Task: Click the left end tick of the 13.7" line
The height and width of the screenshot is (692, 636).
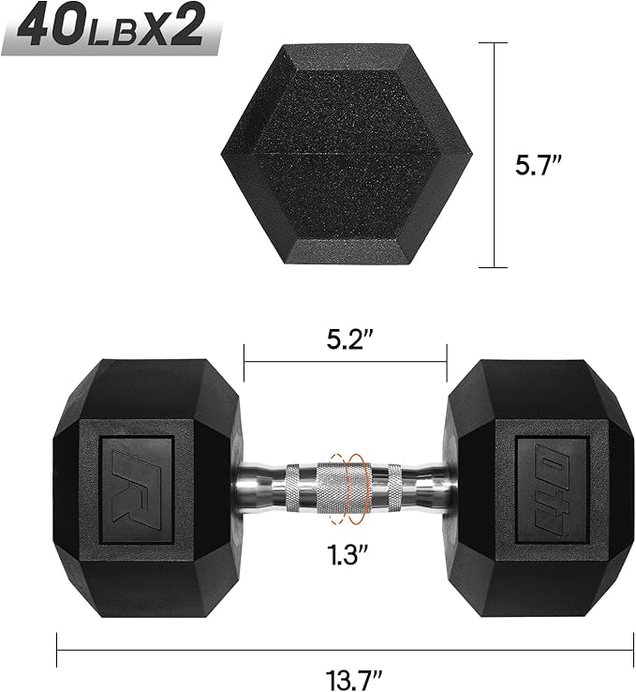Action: click(57, 647)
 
